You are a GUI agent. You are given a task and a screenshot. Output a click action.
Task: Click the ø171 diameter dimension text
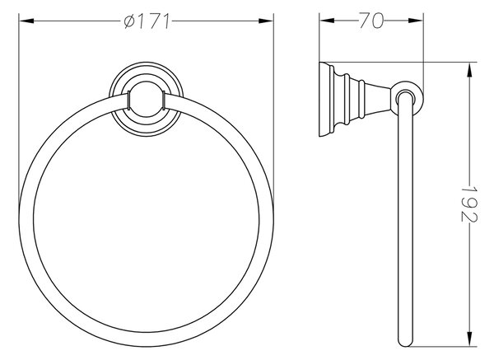tap(147, 21)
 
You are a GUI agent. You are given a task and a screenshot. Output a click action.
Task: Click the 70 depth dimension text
tap(371, 21)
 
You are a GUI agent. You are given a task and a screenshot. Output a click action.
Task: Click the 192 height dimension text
tap(469, 204)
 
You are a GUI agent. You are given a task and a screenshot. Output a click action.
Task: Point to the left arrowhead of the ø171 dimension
tap(26, 21)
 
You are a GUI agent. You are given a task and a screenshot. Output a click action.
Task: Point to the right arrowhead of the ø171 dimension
tap(266, 21)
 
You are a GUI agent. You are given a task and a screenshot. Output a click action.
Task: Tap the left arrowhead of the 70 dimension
tap(327, 21)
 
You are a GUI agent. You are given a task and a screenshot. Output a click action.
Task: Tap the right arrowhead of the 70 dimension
tap(416, 21)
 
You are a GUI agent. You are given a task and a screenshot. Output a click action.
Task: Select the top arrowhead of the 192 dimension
tap(470, 70)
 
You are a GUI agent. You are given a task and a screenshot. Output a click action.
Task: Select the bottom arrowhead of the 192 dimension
tap(470, 339)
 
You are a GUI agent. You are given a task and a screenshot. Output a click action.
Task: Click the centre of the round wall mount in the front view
tap(147, 100)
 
